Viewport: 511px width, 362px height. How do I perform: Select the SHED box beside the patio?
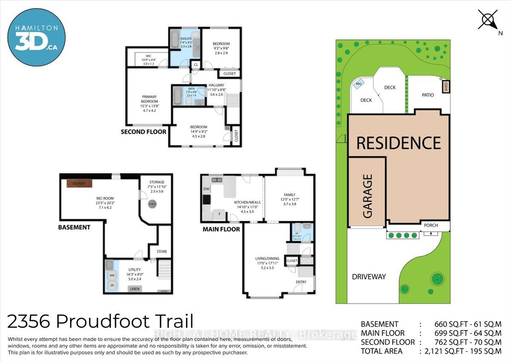pyautogui.click(x=446, y=87)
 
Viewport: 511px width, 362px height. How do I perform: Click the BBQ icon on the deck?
pyautogui.click(x=359, y=84)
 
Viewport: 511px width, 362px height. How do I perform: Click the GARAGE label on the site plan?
pyautogui.click(x=367, y=196)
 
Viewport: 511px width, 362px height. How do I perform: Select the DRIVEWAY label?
pyautogui.click(x=369, y=277)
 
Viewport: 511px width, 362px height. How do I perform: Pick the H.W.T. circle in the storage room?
pyautogui.click(x=152, y=204)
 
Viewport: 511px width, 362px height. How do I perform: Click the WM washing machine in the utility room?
pyautogui.click(x=112, y=275)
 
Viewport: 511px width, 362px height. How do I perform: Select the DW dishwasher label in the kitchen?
pyautogui.click(x=206, y=189)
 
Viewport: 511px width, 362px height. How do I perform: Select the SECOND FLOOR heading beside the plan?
pyautogui.click(x=144, y=132)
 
